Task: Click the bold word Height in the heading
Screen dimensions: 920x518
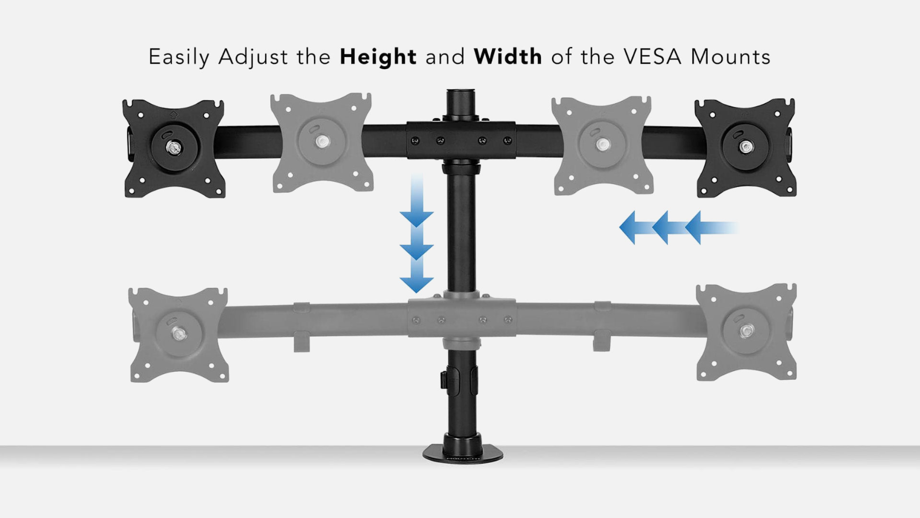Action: tap(378, 57)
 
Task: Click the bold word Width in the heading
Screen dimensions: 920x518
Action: tap(508, 56)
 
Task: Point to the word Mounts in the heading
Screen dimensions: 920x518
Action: tap(730, 57)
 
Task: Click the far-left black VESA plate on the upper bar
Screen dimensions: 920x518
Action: tap(174, 148)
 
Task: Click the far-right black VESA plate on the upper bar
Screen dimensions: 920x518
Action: tap(745, 147)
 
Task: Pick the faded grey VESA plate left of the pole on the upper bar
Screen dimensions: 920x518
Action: tap(322, 142)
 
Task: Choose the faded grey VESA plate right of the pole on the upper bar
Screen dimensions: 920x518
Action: tap(602, 145)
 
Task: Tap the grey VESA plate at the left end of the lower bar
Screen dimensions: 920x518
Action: tap(178, 334)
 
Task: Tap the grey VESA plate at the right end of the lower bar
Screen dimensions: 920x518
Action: tap(746, 332)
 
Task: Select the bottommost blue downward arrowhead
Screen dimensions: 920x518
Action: tap(416, 285)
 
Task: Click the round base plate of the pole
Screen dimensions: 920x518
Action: tap(463, 455)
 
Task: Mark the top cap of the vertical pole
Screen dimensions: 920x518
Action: tap(461, 92)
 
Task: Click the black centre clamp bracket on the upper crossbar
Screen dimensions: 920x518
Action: tap(461, 140)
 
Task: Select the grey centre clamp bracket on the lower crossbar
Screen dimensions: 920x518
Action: tap(462, 318)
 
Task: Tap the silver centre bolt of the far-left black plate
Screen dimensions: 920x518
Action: tap(174, 147)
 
